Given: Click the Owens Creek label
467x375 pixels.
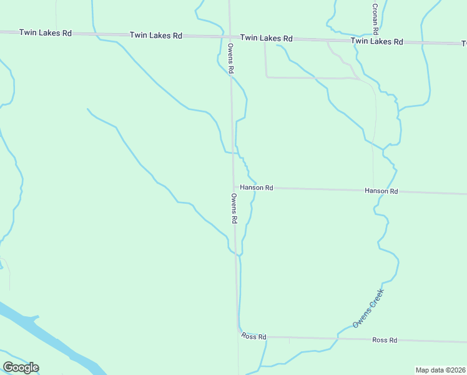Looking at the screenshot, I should point(368,307).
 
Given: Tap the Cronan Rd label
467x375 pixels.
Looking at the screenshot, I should point(375,18).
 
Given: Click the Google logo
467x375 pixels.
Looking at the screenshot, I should point(21,367).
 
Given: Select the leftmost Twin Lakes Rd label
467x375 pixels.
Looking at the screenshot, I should point(45,32).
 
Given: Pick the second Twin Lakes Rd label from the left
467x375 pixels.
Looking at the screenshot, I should point(155,36).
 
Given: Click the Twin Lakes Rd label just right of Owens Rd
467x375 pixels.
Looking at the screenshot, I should point(267,38).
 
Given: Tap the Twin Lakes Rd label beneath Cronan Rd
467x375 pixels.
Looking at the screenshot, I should point(376,41).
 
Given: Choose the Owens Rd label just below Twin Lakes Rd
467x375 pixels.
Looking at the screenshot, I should point(230,59).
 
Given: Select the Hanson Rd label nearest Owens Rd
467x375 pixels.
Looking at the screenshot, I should point(257,187).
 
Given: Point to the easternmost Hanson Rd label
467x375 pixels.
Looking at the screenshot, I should point(381,191).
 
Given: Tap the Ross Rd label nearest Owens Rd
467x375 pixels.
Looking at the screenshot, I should point(254,337).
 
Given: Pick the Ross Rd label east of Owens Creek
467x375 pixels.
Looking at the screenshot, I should point(385,340).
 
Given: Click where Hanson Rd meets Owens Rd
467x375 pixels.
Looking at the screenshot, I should point(234,187).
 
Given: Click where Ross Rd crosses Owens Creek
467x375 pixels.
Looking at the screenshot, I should point(338,339).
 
